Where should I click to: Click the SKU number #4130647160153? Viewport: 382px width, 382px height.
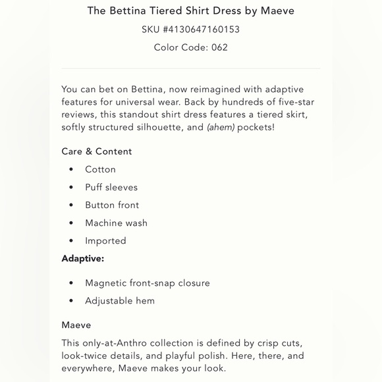tap(201, 30)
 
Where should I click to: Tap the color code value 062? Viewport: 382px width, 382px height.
tap(219, 47)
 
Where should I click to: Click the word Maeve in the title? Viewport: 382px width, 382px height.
tap(277, 11)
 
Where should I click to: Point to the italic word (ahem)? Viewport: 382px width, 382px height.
tap(221, 127)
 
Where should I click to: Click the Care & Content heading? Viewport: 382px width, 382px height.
tap(97, 151)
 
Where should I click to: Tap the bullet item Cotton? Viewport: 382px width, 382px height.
tap(100, 169)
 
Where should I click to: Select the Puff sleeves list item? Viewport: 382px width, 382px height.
tap(111, 187)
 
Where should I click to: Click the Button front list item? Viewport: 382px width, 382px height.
tap(112, 205)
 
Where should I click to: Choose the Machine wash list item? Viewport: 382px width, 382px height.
tap(116, 223)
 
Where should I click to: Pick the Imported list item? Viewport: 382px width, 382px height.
tap(105, 241)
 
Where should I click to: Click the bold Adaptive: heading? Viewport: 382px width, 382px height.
tap(83, 259)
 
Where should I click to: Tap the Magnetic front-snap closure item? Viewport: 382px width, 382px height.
tap(148, 283)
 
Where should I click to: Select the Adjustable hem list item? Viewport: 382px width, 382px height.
tap(120, 301)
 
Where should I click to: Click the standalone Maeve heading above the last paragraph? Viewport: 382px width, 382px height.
tap(76, 325)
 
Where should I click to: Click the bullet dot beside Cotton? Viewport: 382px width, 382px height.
tap(71, 170)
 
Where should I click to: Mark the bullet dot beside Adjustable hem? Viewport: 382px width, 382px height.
tap(71, 302)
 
